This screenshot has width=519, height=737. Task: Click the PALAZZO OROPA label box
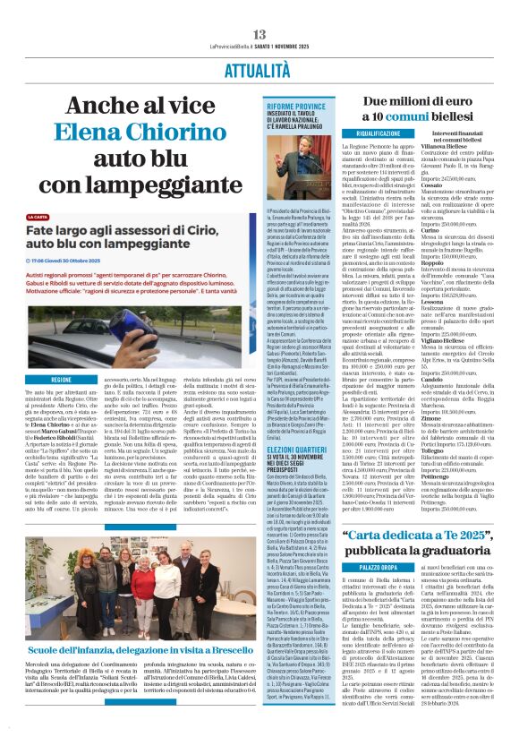click(x=370, y=567)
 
